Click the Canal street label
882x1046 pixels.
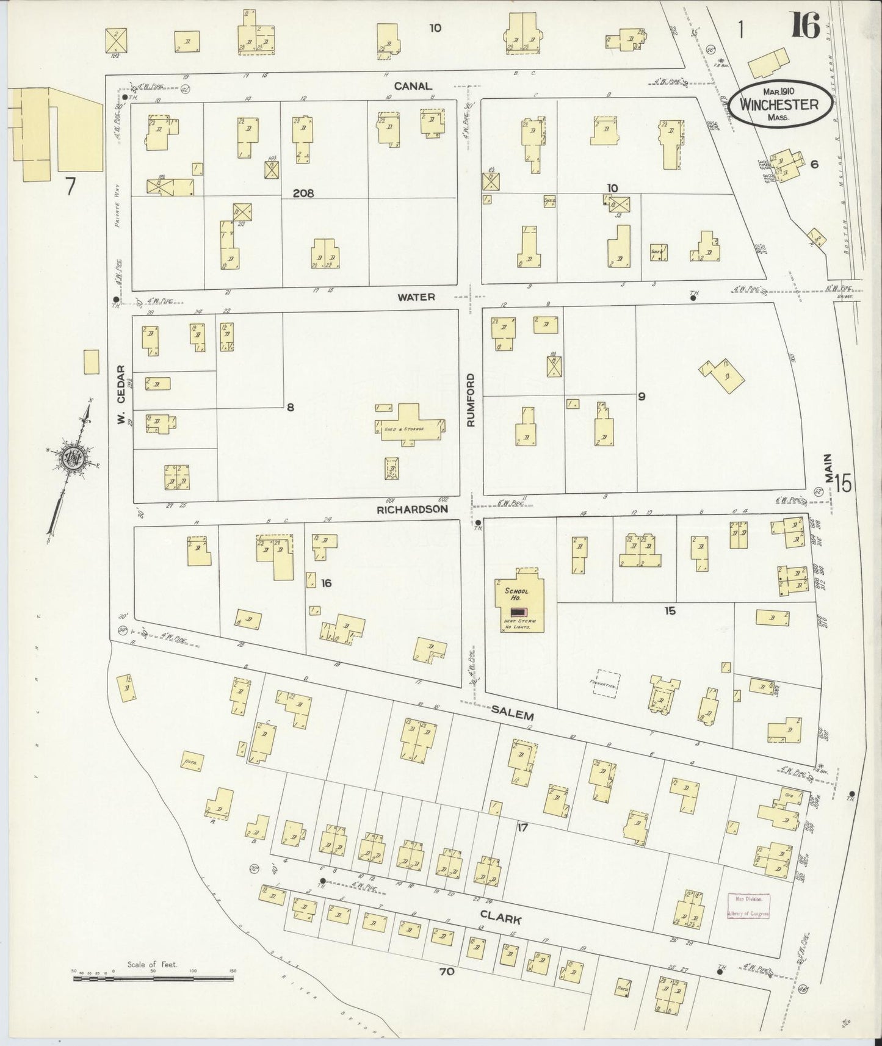(413, 86)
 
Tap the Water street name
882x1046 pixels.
(416, 297)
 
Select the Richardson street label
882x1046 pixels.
(412, 508)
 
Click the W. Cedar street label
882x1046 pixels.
(121, 395)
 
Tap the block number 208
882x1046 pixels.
(303, 193)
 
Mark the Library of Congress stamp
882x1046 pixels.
(749, 906)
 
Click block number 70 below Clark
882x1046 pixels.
(447, 972)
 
